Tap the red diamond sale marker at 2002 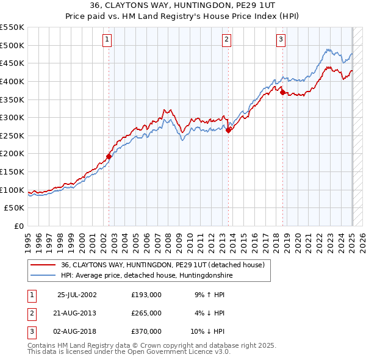coord(109,156)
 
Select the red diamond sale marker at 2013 coord(228,130)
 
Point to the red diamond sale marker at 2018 coord(282,92)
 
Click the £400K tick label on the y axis coord(12,81)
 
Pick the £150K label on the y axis coord(12,171)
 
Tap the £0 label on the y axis coord(18,226)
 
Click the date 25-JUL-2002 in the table coord(77,295)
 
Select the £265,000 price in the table coord(146,313)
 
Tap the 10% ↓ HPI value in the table coord(208,331)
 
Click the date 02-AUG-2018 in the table coord(77,331)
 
